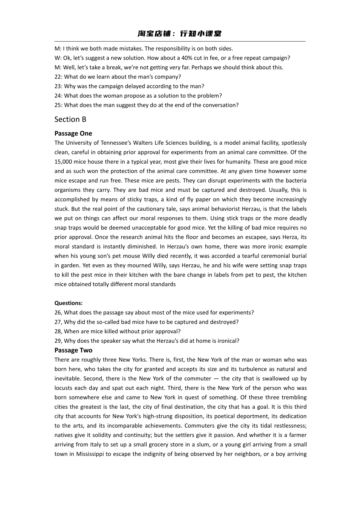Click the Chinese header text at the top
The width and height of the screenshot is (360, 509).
pos(180,34)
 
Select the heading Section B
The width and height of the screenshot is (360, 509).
pos(70,119)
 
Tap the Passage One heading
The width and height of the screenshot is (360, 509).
pos(73,133)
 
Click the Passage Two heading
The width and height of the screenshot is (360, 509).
pos(73,350)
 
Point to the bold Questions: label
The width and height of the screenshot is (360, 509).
pos(68,303)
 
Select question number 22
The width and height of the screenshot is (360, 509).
pos(58,77)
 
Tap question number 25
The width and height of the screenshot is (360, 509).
pos(58,105)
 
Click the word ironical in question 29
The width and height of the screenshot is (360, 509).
pos(228,341)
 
